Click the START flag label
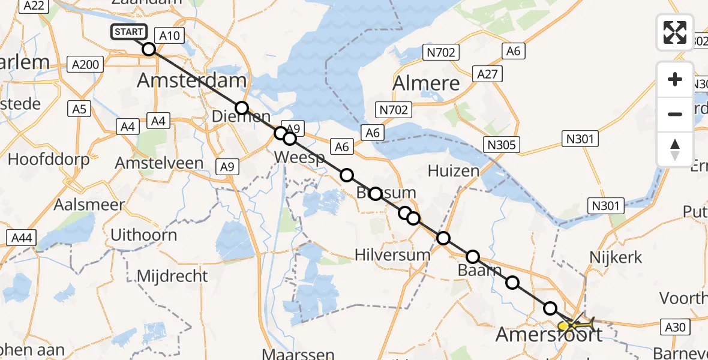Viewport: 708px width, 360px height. pyautogui.click(x=128, y=32)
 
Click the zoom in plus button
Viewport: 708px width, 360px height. pyautogui.click(x=675, y=79)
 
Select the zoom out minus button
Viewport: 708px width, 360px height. pyautogui.click(x=675, y=114)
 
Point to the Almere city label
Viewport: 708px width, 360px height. pyautogui.click(x=426, y=84)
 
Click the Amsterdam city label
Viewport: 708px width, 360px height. pyautogui.click(x=192, y=80)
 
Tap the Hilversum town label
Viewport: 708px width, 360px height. pyautogui.click(x=392, y=255)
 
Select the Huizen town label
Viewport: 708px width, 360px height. pyautogui.click(x=454, y=172)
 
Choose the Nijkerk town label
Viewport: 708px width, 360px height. pyautogui.click(x=616, y=258)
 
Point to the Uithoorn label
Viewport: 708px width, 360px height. pyautogui.click(x=144, y=235)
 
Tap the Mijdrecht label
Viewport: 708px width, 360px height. pyautogui.click(x=173, y=277)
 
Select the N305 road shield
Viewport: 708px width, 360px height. pyautogui.click(x=503, y=145)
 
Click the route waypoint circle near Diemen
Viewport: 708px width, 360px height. pyautogui.click(x=241, y=108)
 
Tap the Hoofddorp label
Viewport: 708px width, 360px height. pyautogui.click(x=49, y=160)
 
